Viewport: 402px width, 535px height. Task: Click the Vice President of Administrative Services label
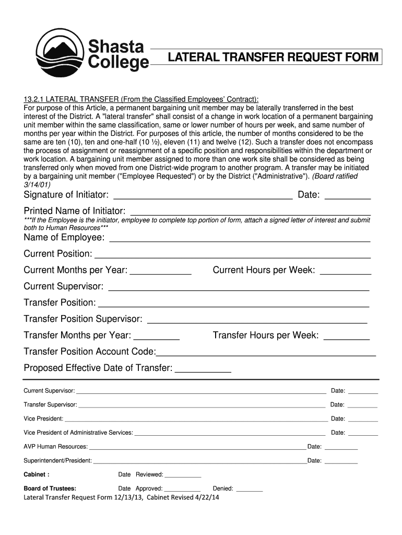coord(78,433)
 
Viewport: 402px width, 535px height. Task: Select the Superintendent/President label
coord(58,461)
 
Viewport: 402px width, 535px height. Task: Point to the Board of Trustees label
coord(50,489)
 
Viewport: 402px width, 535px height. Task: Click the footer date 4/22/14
coord(205,498)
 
